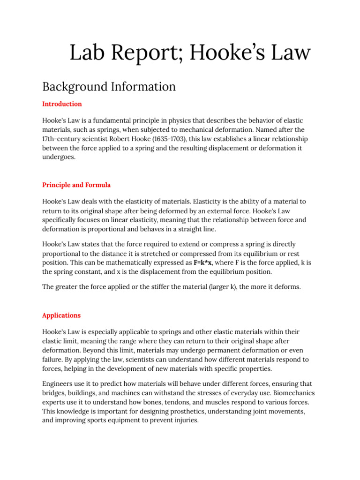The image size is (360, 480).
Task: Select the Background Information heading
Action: pos(109,87)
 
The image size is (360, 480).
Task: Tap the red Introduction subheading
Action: pos(62,104)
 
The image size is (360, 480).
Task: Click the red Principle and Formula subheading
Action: pos(76,185)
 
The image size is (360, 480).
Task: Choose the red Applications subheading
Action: pos(61,315)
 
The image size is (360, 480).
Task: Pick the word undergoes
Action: pos(58,158)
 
